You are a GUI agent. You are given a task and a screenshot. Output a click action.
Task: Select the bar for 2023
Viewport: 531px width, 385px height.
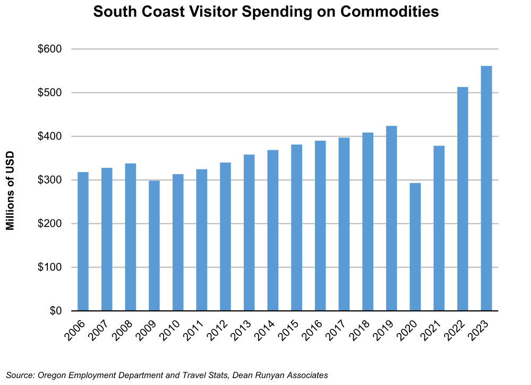[x=486, y=189]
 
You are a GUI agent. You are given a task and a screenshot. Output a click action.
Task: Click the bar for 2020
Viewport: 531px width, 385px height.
[x=415, y=247]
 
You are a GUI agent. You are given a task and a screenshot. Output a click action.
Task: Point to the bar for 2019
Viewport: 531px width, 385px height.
[x=391, y=218]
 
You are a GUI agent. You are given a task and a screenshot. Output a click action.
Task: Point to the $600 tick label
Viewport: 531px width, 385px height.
[x=49, y=49]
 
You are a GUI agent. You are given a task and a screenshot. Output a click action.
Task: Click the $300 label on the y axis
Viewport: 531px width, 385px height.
[x=49, y=180]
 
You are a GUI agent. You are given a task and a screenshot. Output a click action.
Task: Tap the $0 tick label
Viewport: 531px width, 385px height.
[x=55, y=311]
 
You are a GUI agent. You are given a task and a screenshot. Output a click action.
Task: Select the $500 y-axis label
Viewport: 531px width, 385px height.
[x=49, y=93]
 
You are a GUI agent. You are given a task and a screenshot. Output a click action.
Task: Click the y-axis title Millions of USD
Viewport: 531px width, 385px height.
[x=10, y=191]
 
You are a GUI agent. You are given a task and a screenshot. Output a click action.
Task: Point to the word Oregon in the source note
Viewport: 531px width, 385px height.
[x=52, y=375]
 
